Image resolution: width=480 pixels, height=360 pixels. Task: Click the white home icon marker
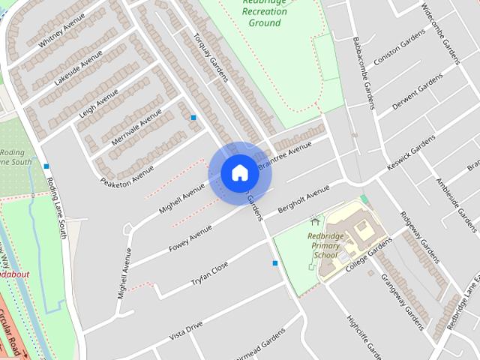239,173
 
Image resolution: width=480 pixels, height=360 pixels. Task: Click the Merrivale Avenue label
136,127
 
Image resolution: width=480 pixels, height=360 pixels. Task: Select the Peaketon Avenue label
127,172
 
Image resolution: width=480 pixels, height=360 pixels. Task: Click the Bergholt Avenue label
303,199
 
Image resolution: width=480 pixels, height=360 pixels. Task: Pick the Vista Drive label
186,330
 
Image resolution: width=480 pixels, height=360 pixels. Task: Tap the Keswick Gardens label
411,156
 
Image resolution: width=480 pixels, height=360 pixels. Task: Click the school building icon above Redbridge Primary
314,222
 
